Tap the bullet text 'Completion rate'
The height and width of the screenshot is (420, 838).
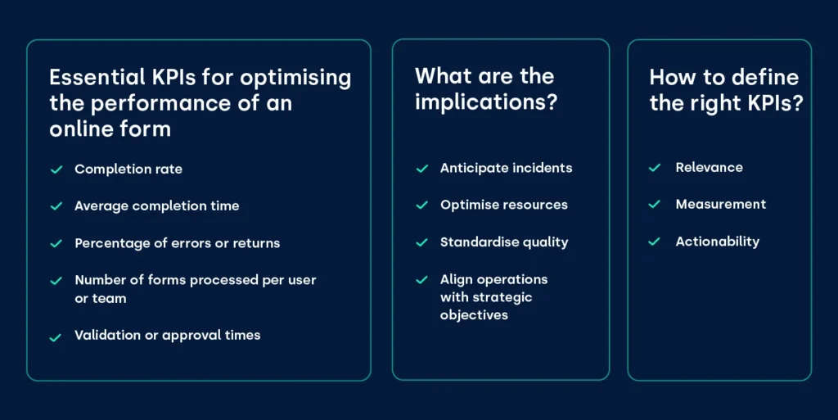[128, 169]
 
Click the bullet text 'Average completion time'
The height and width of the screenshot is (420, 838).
[157, 206]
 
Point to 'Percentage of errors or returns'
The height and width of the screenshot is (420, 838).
[178, 243]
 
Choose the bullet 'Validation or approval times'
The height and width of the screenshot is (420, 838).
[168, 336]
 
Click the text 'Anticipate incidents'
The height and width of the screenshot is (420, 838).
[506, 168]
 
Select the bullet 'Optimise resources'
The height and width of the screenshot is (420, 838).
[503, 205]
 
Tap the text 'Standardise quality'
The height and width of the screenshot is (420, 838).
[504, 242]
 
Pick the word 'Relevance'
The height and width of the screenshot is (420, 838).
[709, 168]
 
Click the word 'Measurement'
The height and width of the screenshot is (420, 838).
[720, 205]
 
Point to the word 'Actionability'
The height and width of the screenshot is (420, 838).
[717, 242]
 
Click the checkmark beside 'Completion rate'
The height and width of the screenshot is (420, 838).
[56, 169]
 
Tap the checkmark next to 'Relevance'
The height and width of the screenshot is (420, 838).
[655, 168]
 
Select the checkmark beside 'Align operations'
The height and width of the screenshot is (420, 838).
[422, 280]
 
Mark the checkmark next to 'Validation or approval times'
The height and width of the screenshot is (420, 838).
[56, 336]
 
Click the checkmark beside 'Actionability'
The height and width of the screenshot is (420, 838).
[655, 242]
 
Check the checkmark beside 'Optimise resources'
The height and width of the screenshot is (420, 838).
[422, 205]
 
